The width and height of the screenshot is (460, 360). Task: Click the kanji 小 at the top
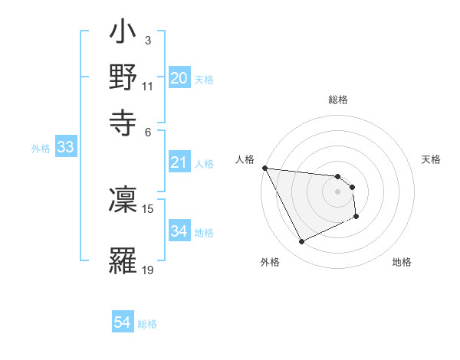click(123, 35)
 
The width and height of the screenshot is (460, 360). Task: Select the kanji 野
click(123, 77)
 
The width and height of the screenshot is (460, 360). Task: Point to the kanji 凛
click(123, 200)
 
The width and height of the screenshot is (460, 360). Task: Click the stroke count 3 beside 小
click(147, 40)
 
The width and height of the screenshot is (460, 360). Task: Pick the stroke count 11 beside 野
click(148, 85)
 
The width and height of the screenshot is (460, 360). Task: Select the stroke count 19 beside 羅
click(148, 269)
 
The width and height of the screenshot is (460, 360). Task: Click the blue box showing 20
click(179, 78)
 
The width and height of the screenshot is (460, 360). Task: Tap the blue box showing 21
click(179, 162)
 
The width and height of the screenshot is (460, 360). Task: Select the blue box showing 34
click(179, 231)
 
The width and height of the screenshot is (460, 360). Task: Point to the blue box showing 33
click(64, 148)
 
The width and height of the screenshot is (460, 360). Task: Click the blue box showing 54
click(123, 322)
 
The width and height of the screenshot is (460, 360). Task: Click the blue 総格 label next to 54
click(147, 324)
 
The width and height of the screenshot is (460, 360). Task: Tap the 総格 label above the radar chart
click(337, 100)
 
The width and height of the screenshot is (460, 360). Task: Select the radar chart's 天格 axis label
click(431, 159)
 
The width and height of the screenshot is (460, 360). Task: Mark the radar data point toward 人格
click(264, 168)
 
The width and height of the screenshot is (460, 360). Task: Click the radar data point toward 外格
click(301, 242)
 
